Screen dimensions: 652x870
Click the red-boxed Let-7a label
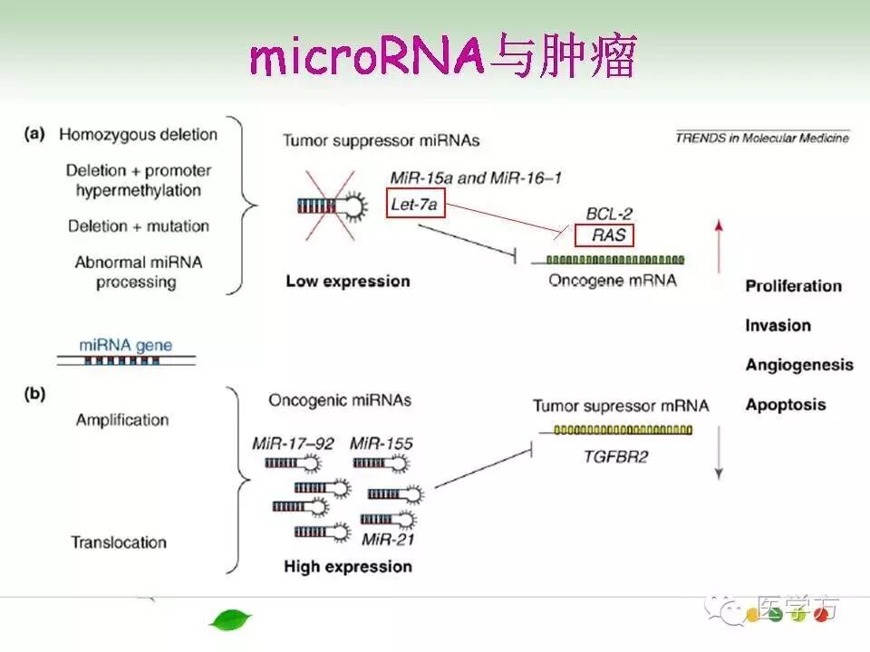click(414, 204)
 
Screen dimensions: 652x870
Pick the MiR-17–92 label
click(295, 443)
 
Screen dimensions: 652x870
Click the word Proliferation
click(793, 286)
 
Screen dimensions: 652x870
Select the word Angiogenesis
click(798, 365)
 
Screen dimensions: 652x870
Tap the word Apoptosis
click(785, 404)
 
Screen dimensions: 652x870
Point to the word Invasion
click(778, 325)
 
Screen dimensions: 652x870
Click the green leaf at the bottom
click(230, 620)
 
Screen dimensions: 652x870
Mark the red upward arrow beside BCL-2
click(719, 244)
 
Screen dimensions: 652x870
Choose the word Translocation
click(119, 542)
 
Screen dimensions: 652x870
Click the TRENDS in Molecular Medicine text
click(762, 138)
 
